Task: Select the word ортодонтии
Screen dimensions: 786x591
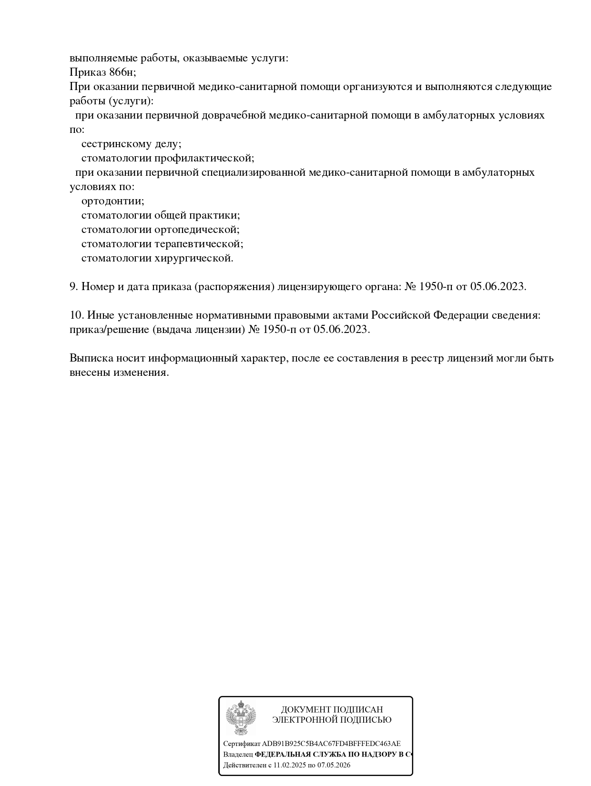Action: [112, 201]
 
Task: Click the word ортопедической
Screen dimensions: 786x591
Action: [196, 230]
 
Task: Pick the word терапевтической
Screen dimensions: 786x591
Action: [199, 244]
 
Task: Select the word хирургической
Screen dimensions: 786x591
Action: [194, 258]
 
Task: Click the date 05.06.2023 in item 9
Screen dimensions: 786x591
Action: [498, 287]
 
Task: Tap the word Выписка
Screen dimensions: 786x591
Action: [91, 358]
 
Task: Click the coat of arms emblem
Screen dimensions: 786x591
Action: [241, 717]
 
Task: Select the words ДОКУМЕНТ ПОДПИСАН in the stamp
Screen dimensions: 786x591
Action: [332, 709]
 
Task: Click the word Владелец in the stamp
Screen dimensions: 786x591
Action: [238, 755]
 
